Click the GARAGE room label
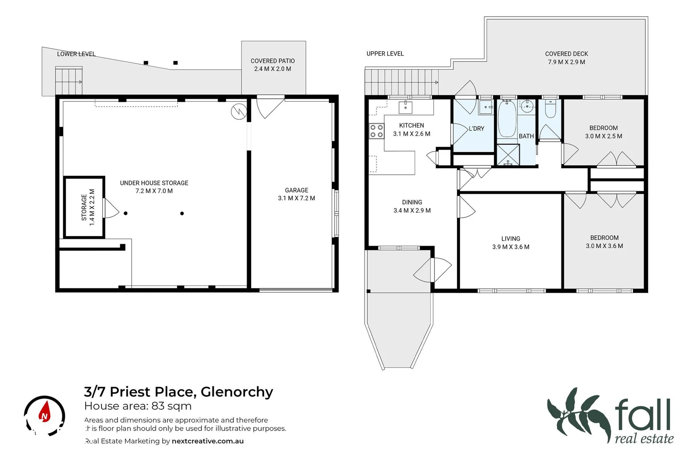296,190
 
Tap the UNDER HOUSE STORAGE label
154,183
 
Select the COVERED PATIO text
273,61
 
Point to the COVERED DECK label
566,54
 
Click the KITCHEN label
411,125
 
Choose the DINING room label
412,202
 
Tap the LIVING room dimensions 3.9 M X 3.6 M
511,247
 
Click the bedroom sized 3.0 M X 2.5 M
603,132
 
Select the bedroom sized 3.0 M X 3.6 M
604,242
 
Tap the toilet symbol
550,109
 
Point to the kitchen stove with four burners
376,131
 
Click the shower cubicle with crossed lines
508,155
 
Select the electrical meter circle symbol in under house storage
239,112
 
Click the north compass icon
44,416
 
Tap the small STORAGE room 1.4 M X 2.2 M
84,207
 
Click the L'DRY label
476,129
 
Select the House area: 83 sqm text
138,406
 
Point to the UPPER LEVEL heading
385,54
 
